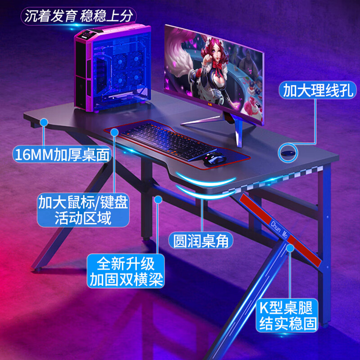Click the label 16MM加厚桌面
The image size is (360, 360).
point(62,155)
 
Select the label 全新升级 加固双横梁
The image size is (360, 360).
point(126,271)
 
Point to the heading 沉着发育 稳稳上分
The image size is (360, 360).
point(79,17)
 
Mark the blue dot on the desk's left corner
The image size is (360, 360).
point(44,121)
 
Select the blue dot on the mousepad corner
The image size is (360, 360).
point(114,131)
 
